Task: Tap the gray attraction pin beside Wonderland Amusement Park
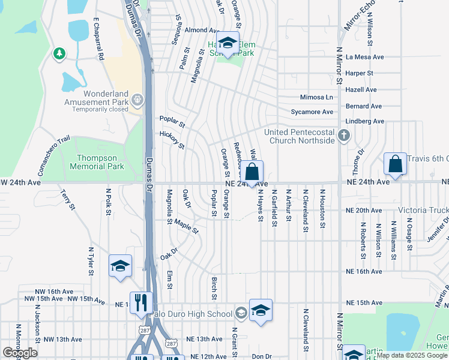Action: tap(138, 98)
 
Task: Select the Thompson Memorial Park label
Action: tap(100, 162)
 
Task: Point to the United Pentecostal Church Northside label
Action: tap(302, 136)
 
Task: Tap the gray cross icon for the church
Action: tap(344, 136)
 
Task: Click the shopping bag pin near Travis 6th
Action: tap(396, 164)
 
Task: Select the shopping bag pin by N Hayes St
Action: tap(253, 172)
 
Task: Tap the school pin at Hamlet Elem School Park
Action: tap(227, 44)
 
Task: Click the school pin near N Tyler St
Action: tap(120, 266)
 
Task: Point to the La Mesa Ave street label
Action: tap(364, 57)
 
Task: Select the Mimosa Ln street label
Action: tap(316, 97)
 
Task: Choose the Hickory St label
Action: tap(172, 141)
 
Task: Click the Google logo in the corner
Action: tap(20, 353)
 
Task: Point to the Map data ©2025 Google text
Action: tap(411, 355)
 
